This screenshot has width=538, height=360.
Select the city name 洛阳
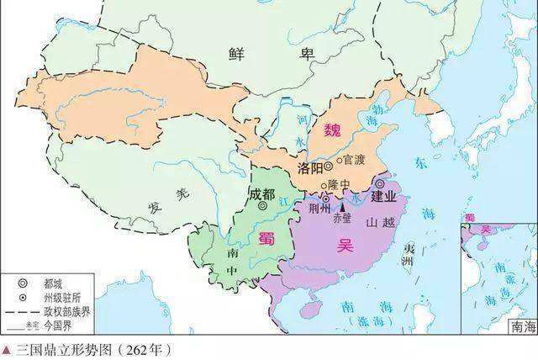(x=309, y=168)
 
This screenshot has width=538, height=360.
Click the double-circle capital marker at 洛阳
(x=329, y=167)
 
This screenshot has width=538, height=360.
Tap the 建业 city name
(x=391, y=196)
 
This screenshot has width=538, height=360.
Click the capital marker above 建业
(x=380, y=183)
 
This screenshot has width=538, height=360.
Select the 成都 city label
(x=261, y=193)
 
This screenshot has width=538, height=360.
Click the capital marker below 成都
(x=262, y=205)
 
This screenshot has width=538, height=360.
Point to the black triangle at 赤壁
(x=341, y=205)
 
